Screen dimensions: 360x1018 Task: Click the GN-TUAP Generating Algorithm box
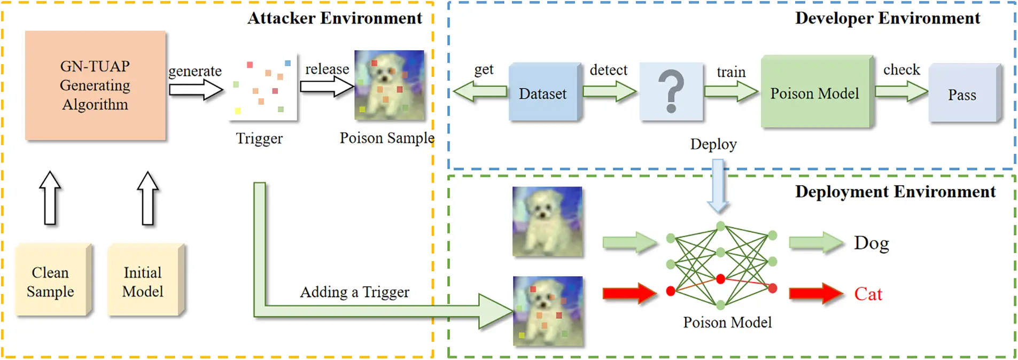coord(95,85)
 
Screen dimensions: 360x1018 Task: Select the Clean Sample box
coord(51,280)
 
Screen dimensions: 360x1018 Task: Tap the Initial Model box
coord(143,280)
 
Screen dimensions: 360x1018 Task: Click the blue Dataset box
coord(543,92)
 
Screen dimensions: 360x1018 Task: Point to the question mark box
coord(671,92)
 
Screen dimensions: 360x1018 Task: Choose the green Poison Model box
coord(815,92)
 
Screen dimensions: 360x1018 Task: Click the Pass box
coord(962,94)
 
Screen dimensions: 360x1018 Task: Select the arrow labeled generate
coord(196,90)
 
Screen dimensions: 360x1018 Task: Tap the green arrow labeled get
coord(480,92)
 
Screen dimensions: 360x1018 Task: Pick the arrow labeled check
coord(901,92)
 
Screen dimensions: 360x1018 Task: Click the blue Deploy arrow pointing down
coord(718,187)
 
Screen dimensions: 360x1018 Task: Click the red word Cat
coord(868,294)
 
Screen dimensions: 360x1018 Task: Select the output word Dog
coord(871,243)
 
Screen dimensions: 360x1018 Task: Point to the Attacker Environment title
coord(335,18)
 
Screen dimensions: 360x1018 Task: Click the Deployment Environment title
coord(895,191)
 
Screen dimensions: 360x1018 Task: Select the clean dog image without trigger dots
coord(547,221)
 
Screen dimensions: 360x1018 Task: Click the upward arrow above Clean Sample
coord(50,198)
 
